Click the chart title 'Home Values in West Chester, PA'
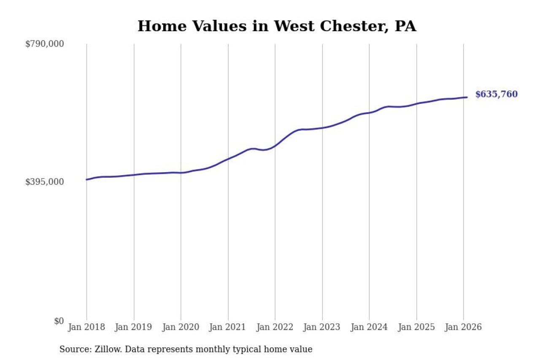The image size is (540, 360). [x=277, y=26]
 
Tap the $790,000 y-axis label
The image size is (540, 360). [x=44, y=44]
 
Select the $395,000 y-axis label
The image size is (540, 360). [x=44, y=182]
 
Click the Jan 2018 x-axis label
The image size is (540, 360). [x=86, y=327]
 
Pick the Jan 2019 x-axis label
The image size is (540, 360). [x=134, y=327]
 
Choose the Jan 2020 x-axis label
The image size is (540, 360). [x=181, y=327]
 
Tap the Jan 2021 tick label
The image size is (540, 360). [x=228, y=327]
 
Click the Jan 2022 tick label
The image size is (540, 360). [x=275, y=327]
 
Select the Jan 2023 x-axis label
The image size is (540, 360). [x=322, y=327]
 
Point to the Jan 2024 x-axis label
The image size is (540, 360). [x=369, y=327]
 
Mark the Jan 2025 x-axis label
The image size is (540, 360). [x=416, y=327]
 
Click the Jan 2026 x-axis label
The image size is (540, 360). [x=463, y=327]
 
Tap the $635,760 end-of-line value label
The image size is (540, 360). [x=496, y=95]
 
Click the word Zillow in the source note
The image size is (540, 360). [x=103, y=349]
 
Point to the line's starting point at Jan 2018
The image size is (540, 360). [x=86, y=180]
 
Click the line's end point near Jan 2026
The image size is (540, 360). [x=467, y=97]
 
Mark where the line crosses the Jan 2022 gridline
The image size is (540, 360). [x=275, y=146]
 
